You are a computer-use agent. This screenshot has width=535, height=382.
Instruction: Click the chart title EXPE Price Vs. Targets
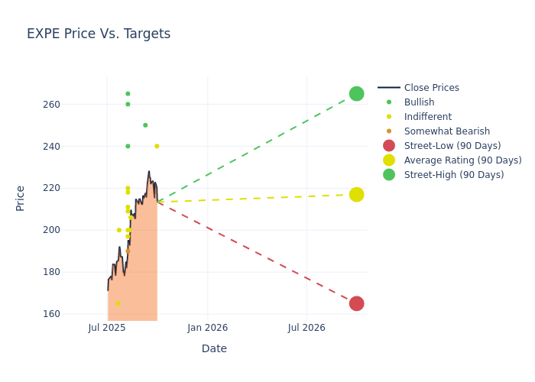click(x=99, y=34)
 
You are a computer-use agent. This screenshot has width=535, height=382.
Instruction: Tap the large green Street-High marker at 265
click(x=356, y=94)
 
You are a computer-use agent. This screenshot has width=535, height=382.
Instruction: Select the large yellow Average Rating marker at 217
click(x=356, y=195)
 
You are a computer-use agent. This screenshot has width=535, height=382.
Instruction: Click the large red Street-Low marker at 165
click(x=356, y=303)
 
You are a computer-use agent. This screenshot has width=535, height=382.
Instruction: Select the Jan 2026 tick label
click(x=207, y=328)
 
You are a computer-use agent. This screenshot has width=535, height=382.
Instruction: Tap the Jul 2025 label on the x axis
click(x=107, y=328)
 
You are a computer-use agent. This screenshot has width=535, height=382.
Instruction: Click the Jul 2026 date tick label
click(x=306, y=328)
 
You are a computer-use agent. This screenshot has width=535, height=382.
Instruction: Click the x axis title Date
click(x=214, y=349)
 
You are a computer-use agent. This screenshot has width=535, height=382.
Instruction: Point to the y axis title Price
click(x=21, y=198)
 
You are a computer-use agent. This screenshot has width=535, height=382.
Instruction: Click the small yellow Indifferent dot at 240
click(x=157, y=147)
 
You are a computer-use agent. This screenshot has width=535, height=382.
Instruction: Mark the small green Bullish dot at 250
click(x=145, y=125)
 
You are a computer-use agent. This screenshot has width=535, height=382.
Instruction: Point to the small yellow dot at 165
click(x=118, y=303)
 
